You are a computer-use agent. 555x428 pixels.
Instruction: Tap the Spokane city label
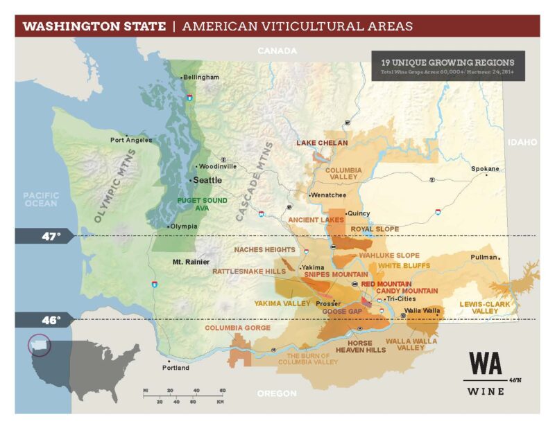pyautogui.click(x=485, y=168)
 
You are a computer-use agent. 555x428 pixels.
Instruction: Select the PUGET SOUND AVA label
pyautogui.click(x=183, y=204)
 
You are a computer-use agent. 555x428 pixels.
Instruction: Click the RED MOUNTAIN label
pyautogui.click(x=386, y=284)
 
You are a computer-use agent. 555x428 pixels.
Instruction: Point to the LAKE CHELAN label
pyautogui.click(x=322, y=143)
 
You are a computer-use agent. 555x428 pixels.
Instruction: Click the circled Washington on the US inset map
pyautogui.click(x=38, y=344)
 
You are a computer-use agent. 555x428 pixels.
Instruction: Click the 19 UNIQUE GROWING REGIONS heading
pyautogui.click(x=447, y=62)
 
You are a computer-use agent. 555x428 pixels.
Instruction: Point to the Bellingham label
pyautogui.click(x=201, y=77)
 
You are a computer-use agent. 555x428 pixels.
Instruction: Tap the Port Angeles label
pyautogui.click(x=132, y=140)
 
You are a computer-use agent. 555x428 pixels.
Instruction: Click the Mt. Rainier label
pyautogui.click(x=191, y=262)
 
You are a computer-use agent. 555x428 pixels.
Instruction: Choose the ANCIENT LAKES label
pyautogui.click(x=312, y=220)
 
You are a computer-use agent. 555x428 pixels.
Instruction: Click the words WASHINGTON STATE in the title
pyautogui.click(x=94, y=27)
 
